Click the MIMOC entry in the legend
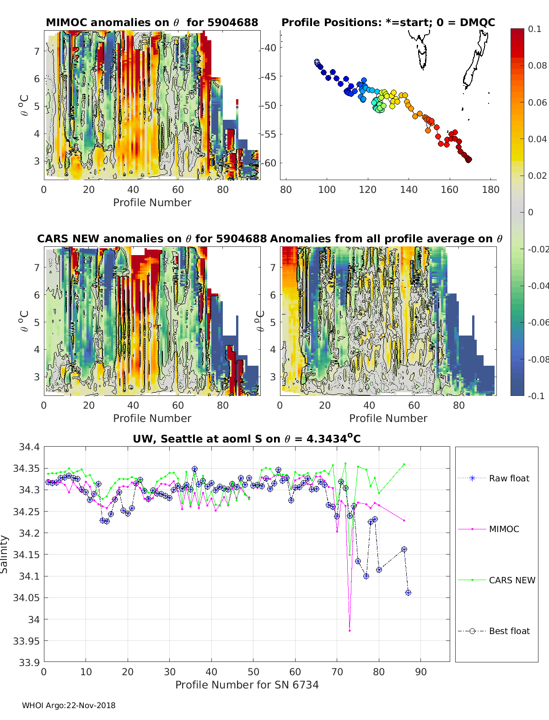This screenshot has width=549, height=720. (x=504, y=529)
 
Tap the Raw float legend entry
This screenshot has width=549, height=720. (x=509, y=478)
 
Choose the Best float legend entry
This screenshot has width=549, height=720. (x=509, y=631)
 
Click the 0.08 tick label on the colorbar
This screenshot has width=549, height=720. (x=537, y=65)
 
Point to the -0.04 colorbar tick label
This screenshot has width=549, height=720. (x=537, y=286)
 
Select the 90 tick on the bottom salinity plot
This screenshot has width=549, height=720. (x=420, y=672)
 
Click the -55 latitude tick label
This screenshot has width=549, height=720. (x=269, y=134)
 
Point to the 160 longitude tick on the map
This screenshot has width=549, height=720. (x=449, y=190)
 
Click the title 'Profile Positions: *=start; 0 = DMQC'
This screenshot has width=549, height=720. (x=388, y=22)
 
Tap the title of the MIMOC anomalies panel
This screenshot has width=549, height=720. (x=152, y=22)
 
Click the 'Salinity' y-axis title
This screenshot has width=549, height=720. (x=5, y=554)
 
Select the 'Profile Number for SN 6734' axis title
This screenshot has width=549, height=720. (x=247, y=684)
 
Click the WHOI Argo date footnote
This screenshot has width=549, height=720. (x=69, y=705)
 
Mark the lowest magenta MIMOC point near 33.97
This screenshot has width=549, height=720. (x=350, y=630)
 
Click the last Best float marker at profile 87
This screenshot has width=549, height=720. (x=408, y=592)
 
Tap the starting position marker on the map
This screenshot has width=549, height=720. (x=317, y=61)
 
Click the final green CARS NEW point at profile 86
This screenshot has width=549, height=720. (x=404, y=464)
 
